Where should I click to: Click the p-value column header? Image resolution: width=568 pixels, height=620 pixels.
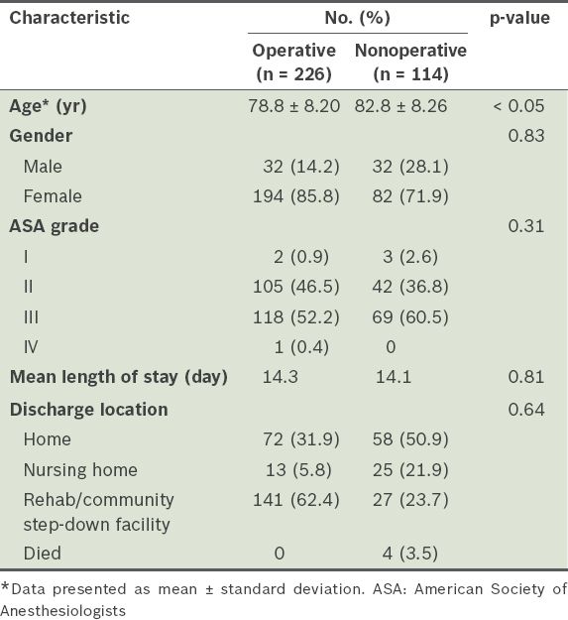(x=519, y=18)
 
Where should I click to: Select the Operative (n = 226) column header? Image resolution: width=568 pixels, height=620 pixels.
(x=293, y=62)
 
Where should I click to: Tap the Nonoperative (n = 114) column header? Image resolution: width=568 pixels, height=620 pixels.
(x=410, y=62)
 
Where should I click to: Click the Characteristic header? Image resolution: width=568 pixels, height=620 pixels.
(x=69, y=18)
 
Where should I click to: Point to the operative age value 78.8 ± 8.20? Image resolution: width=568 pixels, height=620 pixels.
(x=293, y=106)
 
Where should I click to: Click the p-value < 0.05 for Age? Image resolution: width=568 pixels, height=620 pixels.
(x=518, y=106)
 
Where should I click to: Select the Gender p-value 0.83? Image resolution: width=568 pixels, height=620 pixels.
(x=526, y=136)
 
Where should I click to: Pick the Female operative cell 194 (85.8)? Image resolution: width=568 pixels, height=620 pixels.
(x=295, y=196)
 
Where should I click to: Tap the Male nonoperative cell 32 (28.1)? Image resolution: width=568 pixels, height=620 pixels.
(x=410, y=167)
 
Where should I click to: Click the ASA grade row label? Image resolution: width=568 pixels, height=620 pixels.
(x=55, y=226)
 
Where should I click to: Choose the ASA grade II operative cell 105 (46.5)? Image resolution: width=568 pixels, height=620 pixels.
(x=295, y=287)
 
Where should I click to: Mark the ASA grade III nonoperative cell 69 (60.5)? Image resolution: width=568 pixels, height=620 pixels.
(x=410, y=317)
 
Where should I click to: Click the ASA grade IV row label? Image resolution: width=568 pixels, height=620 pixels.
(x=31, y=347)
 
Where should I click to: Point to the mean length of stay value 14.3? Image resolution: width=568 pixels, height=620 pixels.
(x=281, y=377)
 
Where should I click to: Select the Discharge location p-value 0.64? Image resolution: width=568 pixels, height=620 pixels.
(x=526, y=410)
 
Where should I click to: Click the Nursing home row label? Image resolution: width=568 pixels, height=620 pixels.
(x=80, y=470)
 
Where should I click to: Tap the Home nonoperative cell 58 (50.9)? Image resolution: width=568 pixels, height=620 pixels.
(x=410, y=439)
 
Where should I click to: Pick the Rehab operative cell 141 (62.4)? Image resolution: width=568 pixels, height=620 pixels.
(x=295, y=500)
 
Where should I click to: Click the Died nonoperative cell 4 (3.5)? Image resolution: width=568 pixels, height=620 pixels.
(x=410, y=554)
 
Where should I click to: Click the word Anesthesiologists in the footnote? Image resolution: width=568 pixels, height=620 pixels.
(x=63, y=611)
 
